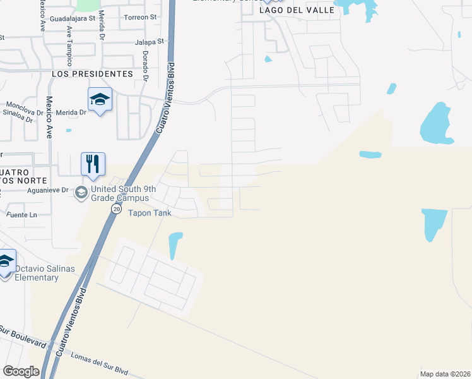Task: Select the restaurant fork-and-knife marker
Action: click(93, 164)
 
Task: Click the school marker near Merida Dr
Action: click(100, 100)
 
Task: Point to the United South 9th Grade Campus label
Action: click(119, 193)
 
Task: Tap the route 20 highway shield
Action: click(116, 208)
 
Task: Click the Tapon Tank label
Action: click(150, 213)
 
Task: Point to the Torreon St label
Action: click(140, 17)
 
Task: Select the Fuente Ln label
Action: click(21, 215)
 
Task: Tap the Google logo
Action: click(21, 371)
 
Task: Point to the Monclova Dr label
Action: click(23, 105)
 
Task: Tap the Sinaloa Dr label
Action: click(18, 114)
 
